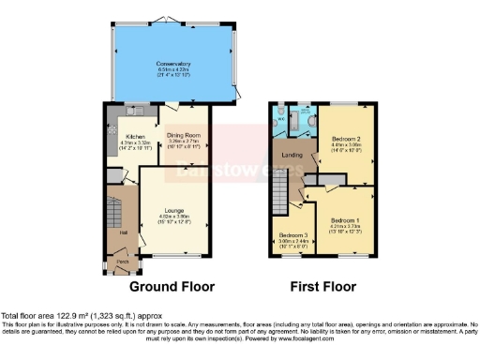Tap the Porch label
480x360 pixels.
pos(123,262)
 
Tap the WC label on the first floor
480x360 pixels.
pos(280,119)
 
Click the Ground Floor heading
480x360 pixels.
pos(172,287)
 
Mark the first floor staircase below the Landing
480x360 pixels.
pos(279,198)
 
